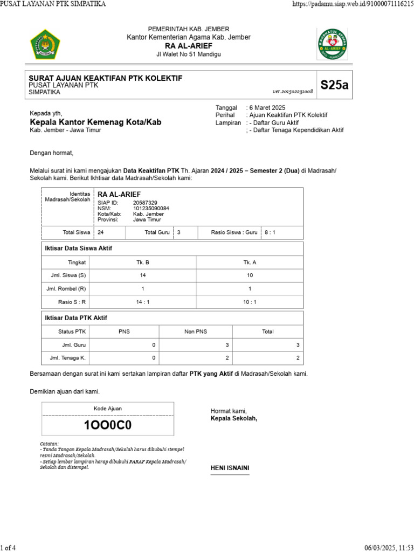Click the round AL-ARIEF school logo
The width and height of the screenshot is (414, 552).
click(333, 44)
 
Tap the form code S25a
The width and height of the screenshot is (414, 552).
click(334, 85)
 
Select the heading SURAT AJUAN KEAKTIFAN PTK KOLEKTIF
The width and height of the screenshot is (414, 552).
click(105, 78)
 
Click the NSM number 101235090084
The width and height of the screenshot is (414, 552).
click(151, 208)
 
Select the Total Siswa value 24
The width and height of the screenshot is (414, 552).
click(101, 232)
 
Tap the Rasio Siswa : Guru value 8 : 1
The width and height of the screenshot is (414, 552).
click(270, 232)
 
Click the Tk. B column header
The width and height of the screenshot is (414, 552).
click(143, 262)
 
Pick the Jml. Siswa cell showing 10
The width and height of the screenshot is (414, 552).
click(250, 275)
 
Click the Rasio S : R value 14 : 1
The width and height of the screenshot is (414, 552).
click(143, 302)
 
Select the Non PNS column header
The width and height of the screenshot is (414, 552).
click(196, 332)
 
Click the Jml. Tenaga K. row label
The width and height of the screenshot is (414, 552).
click(68, 357)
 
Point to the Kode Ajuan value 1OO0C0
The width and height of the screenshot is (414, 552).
click(108, 425)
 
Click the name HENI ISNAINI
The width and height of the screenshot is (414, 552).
click(230, 468)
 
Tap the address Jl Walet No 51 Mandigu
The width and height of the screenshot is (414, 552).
click(188, 54)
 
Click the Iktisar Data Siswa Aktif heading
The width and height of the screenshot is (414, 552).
click(78, 248)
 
